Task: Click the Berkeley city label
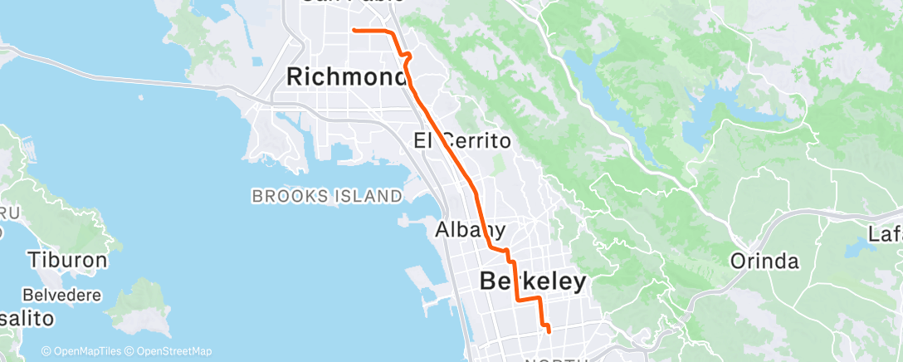point(533,281)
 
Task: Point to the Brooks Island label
point(327,196)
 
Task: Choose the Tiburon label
point(67,260)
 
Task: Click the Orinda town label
point(764,262)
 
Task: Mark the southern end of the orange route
point(549,332)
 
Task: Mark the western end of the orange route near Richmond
point(354,30)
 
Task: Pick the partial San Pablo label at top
point(353,2)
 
